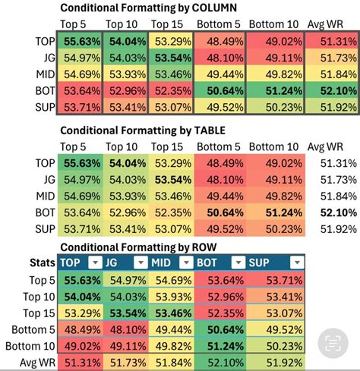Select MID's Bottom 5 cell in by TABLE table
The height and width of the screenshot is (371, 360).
(x=221, y=195)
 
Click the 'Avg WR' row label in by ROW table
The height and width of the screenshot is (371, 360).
(x=33, y=363)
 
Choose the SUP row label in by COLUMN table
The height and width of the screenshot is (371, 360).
(x=44, y=108)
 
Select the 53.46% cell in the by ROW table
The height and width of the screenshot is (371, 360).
(x=172, y=313)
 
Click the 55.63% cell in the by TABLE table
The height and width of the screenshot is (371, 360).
(x=81, y=162)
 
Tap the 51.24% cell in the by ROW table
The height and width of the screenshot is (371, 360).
(x=221, y=346)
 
